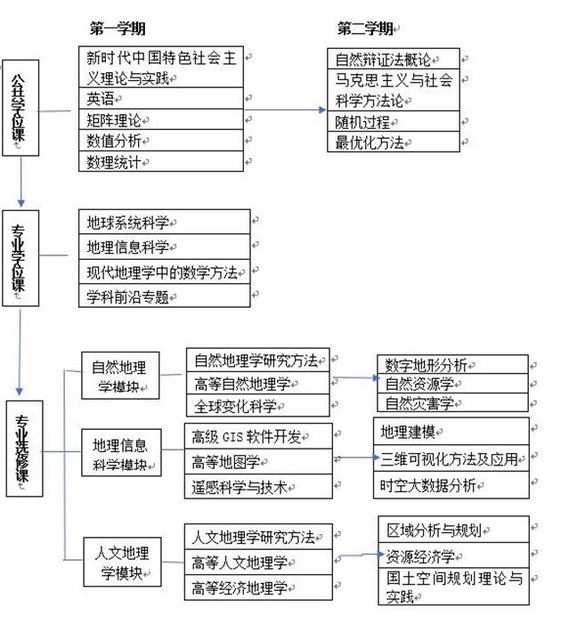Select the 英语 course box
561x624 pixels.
(x=160, y=97)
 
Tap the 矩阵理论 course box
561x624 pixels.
(x=160, y=118)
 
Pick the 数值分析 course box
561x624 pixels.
(x=160, y=140)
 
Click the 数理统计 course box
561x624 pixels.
(x=160, y=161)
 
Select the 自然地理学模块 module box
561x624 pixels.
(x=119, y=376)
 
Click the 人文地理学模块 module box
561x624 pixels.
(x=119, y=560)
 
